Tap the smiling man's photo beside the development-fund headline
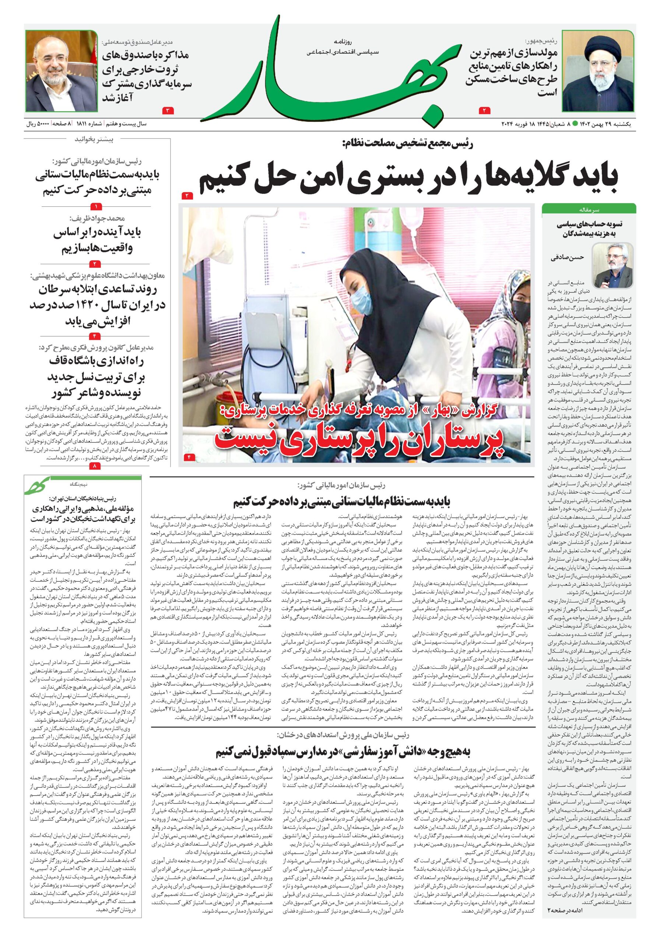click(x=61, y=71)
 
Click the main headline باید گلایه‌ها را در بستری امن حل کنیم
click(x=409, y=180)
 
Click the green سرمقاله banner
click(x=589, y=209)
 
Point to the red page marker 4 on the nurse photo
click(x=190, y=457)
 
